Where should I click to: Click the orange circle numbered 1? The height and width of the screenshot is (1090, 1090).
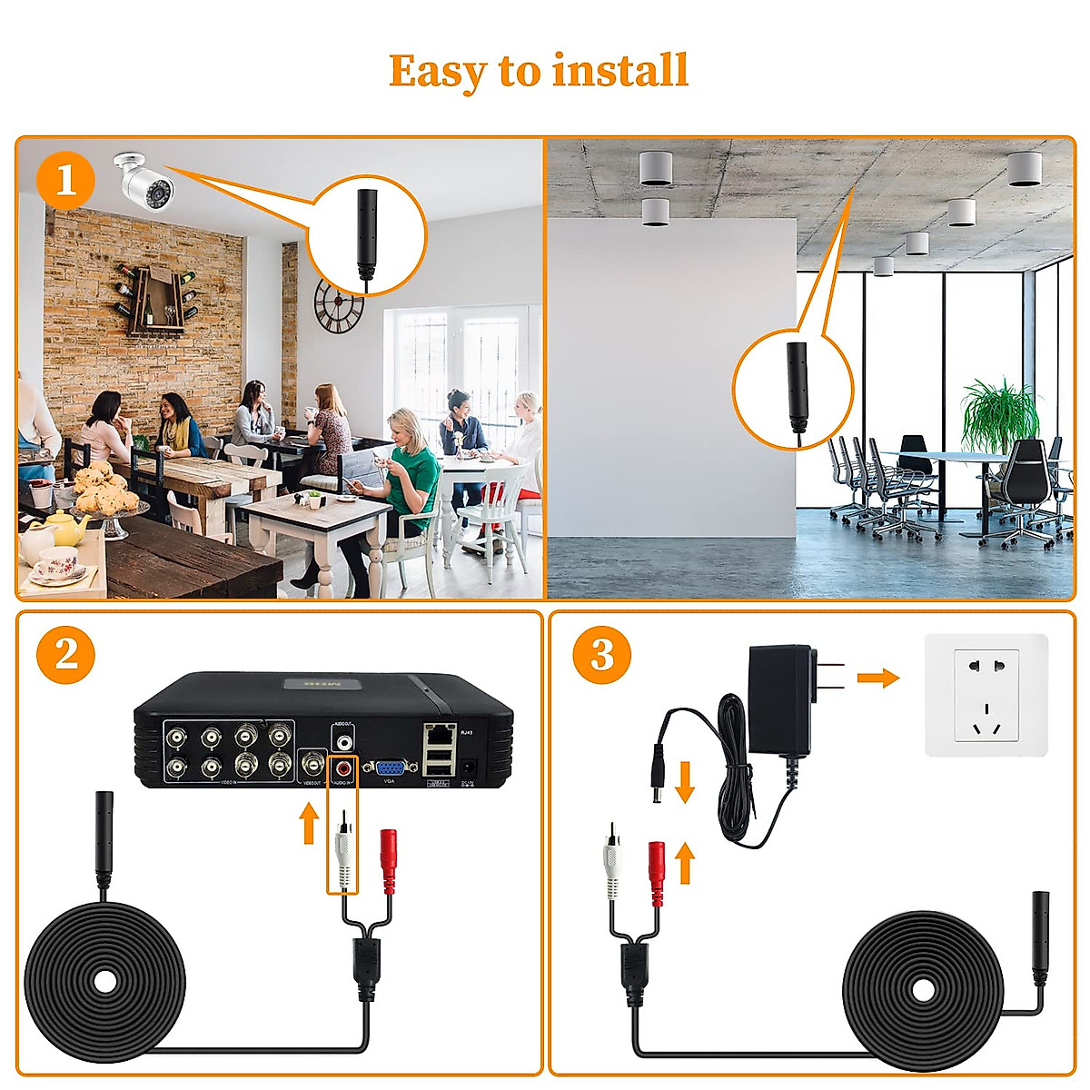point(65,181)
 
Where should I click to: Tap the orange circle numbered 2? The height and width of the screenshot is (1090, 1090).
point(65,654)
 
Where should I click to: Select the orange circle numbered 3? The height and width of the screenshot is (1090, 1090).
point(601,654)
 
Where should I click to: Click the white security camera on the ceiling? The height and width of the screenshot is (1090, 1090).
point(145,180)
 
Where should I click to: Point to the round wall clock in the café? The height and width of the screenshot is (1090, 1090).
point(339,306)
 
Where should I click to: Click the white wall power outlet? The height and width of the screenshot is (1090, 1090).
point(986,695)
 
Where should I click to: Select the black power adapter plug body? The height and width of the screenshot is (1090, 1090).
point(779,699)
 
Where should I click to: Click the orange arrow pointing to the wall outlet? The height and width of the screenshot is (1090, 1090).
point(877,678)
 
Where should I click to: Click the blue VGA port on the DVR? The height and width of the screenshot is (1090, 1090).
point(391,768)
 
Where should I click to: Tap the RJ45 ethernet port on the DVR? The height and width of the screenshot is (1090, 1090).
point(441,731)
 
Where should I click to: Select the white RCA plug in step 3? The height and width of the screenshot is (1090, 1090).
point(612,867)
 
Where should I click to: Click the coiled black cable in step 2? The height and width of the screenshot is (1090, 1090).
point(104,981)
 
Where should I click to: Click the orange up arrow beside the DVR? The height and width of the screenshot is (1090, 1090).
point(309,822)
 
